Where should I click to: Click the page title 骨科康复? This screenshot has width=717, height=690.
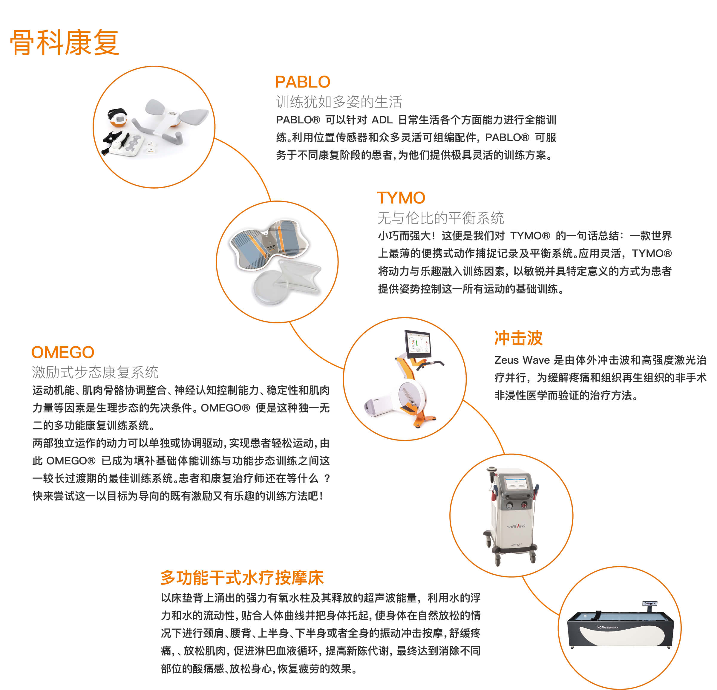point(65,42)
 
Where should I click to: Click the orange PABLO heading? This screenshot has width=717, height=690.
point(303,82)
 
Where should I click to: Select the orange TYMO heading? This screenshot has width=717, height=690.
point(401,198)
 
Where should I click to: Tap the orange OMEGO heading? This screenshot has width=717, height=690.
point(63,352)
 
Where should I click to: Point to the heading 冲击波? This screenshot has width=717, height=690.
point(518,338)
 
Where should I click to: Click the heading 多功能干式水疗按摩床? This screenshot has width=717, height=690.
point(242,578)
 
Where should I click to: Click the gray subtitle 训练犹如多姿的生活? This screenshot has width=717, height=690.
point(339,102)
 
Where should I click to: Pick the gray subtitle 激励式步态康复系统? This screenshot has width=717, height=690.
point(95,372)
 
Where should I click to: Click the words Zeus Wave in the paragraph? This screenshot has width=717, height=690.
point(522,360)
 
